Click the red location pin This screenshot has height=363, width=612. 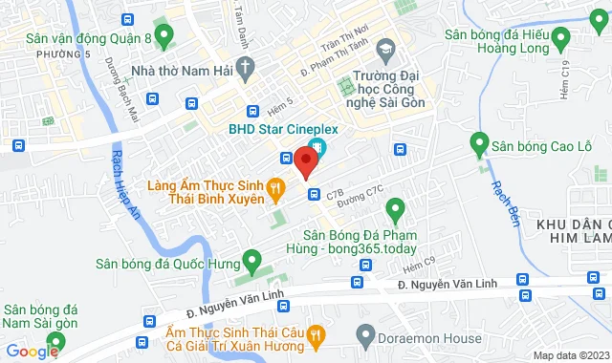306,161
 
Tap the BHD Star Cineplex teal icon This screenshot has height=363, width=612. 317,148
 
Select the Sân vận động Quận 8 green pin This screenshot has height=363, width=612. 164,37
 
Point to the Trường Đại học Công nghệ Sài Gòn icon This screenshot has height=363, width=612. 384,48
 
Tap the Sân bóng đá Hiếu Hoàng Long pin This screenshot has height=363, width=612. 560,37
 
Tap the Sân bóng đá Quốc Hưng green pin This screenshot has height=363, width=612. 251,259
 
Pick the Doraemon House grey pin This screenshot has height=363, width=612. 364,335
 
